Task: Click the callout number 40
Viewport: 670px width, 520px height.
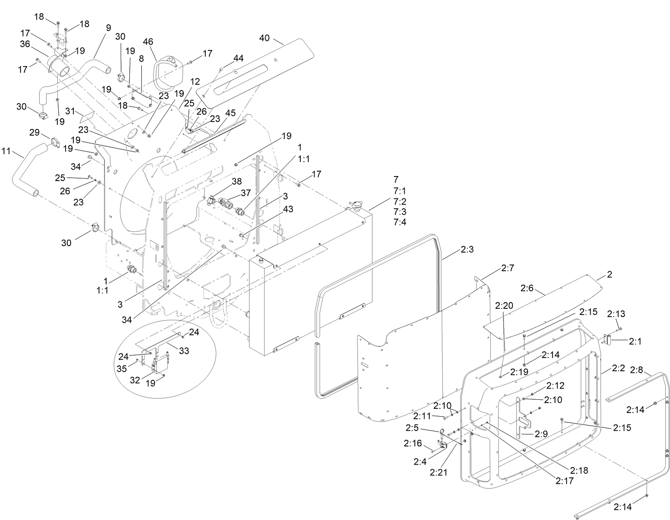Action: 264,38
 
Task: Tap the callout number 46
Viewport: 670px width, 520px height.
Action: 148,42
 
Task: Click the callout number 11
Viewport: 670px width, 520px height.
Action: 6,151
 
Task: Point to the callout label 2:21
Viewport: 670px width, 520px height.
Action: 439,472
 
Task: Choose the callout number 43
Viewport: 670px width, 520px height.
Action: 288,209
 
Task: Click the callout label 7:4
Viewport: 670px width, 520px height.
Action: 400,222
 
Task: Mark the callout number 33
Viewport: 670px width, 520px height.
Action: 184,351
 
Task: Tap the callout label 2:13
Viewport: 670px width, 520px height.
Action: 616,314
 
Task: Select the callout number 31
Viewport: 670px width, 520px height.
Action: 70,111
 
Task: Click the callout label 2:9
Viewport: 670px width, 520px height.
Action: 541,434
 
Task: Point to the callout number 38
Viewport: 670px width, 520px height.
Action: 236,181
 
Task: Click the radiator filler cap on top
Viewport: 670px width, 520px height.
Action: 354,205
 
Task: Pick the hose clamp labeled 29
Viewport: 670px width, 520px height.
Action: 55,143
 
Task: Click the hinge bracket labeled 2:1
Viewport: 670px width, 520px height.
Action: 608,340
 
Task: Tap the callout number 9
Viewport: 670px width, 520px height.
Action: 108,28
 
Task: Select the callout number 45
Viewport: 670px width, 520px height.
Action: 230,113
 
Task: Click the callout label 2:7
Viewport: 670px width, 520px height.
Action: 508,268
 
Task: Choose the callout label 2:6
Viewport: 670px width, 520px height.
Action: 527,288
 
